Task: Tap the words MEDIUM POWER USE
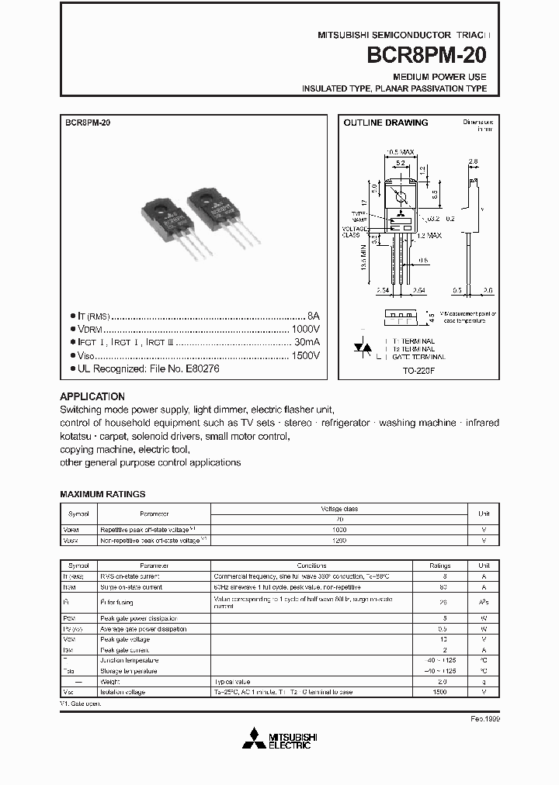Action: click(439, 78)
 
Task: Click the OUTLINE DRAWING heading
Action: click(386, 123)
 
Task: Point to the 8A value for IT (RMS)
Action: click(314, 316)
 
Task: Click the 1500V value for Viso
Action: click(305, 355)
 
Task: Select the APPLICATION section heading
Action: click(92, 396)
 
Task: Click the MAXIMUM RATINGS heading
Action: click(102, 493)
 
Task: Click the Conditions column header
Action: click(311, 565)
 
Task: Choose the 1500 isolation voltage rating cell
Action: click(439, 691)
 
